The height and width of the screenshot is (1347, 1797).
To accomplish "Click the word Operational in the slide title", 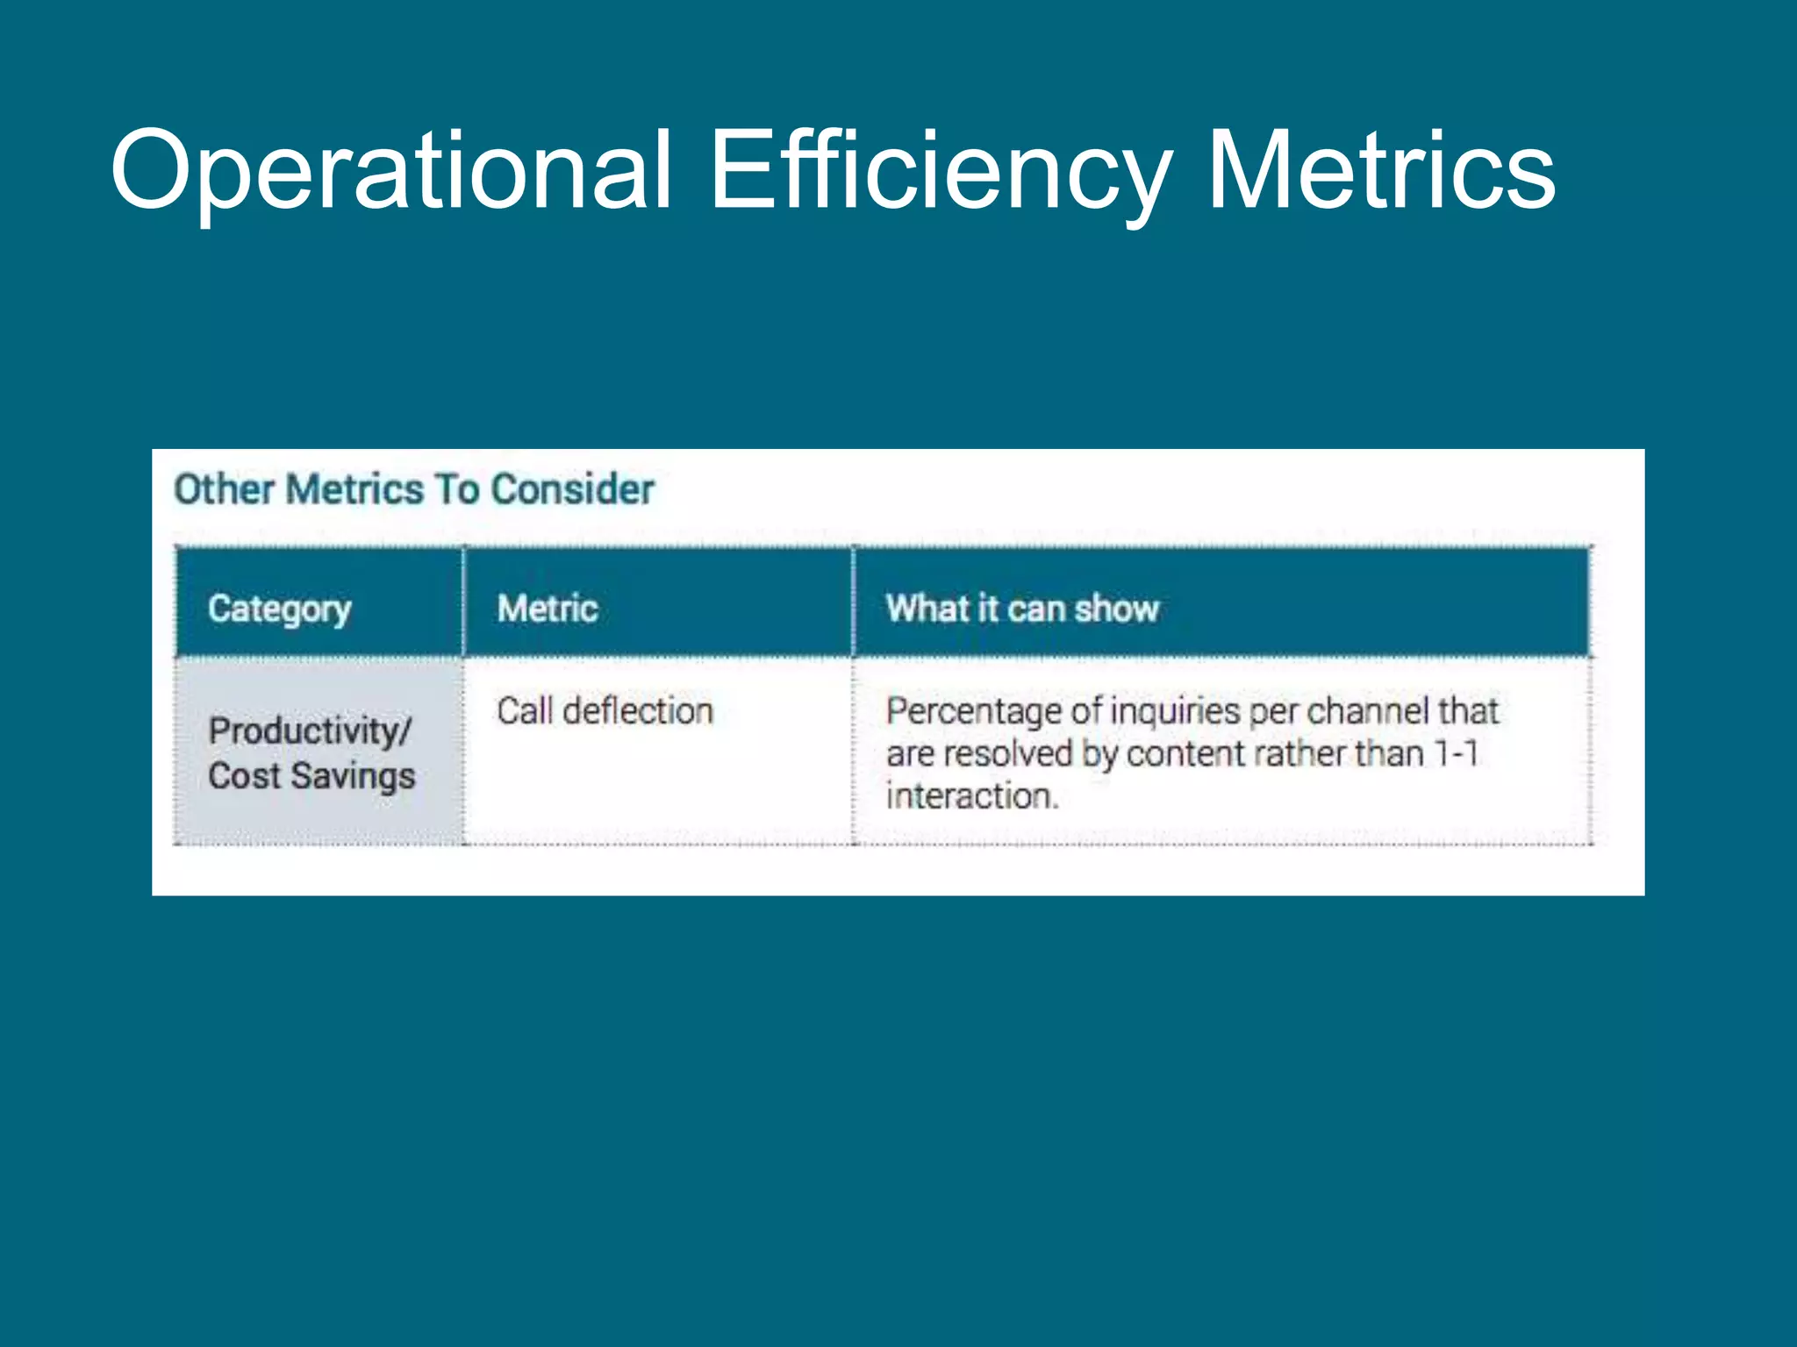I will coord(391,171).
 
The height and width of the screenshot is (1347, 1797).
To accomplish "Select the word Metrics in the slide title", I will coord(1381,171).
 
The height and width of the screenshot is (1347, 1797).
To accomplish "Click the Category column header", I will coord(280,609).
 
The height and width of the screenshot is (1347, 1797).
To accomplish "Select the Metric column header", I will coord(548,609).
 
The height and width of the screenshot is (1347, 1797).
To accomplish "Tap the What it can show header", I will coord(1022,609).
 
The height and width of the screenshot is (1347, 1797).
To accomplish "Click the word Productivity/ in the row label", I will coord(310,731).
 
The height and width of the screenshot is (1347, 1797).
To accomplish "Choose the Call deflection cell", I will coord(605,711).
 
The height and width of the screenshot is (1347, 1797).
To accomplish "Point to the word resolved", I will coord(1007,754).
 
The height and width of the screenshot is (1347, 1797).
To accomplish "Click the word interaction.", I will coord(971,796).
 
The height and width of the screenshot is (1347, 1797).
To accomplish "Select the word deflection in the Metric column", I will coord(638,711).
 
